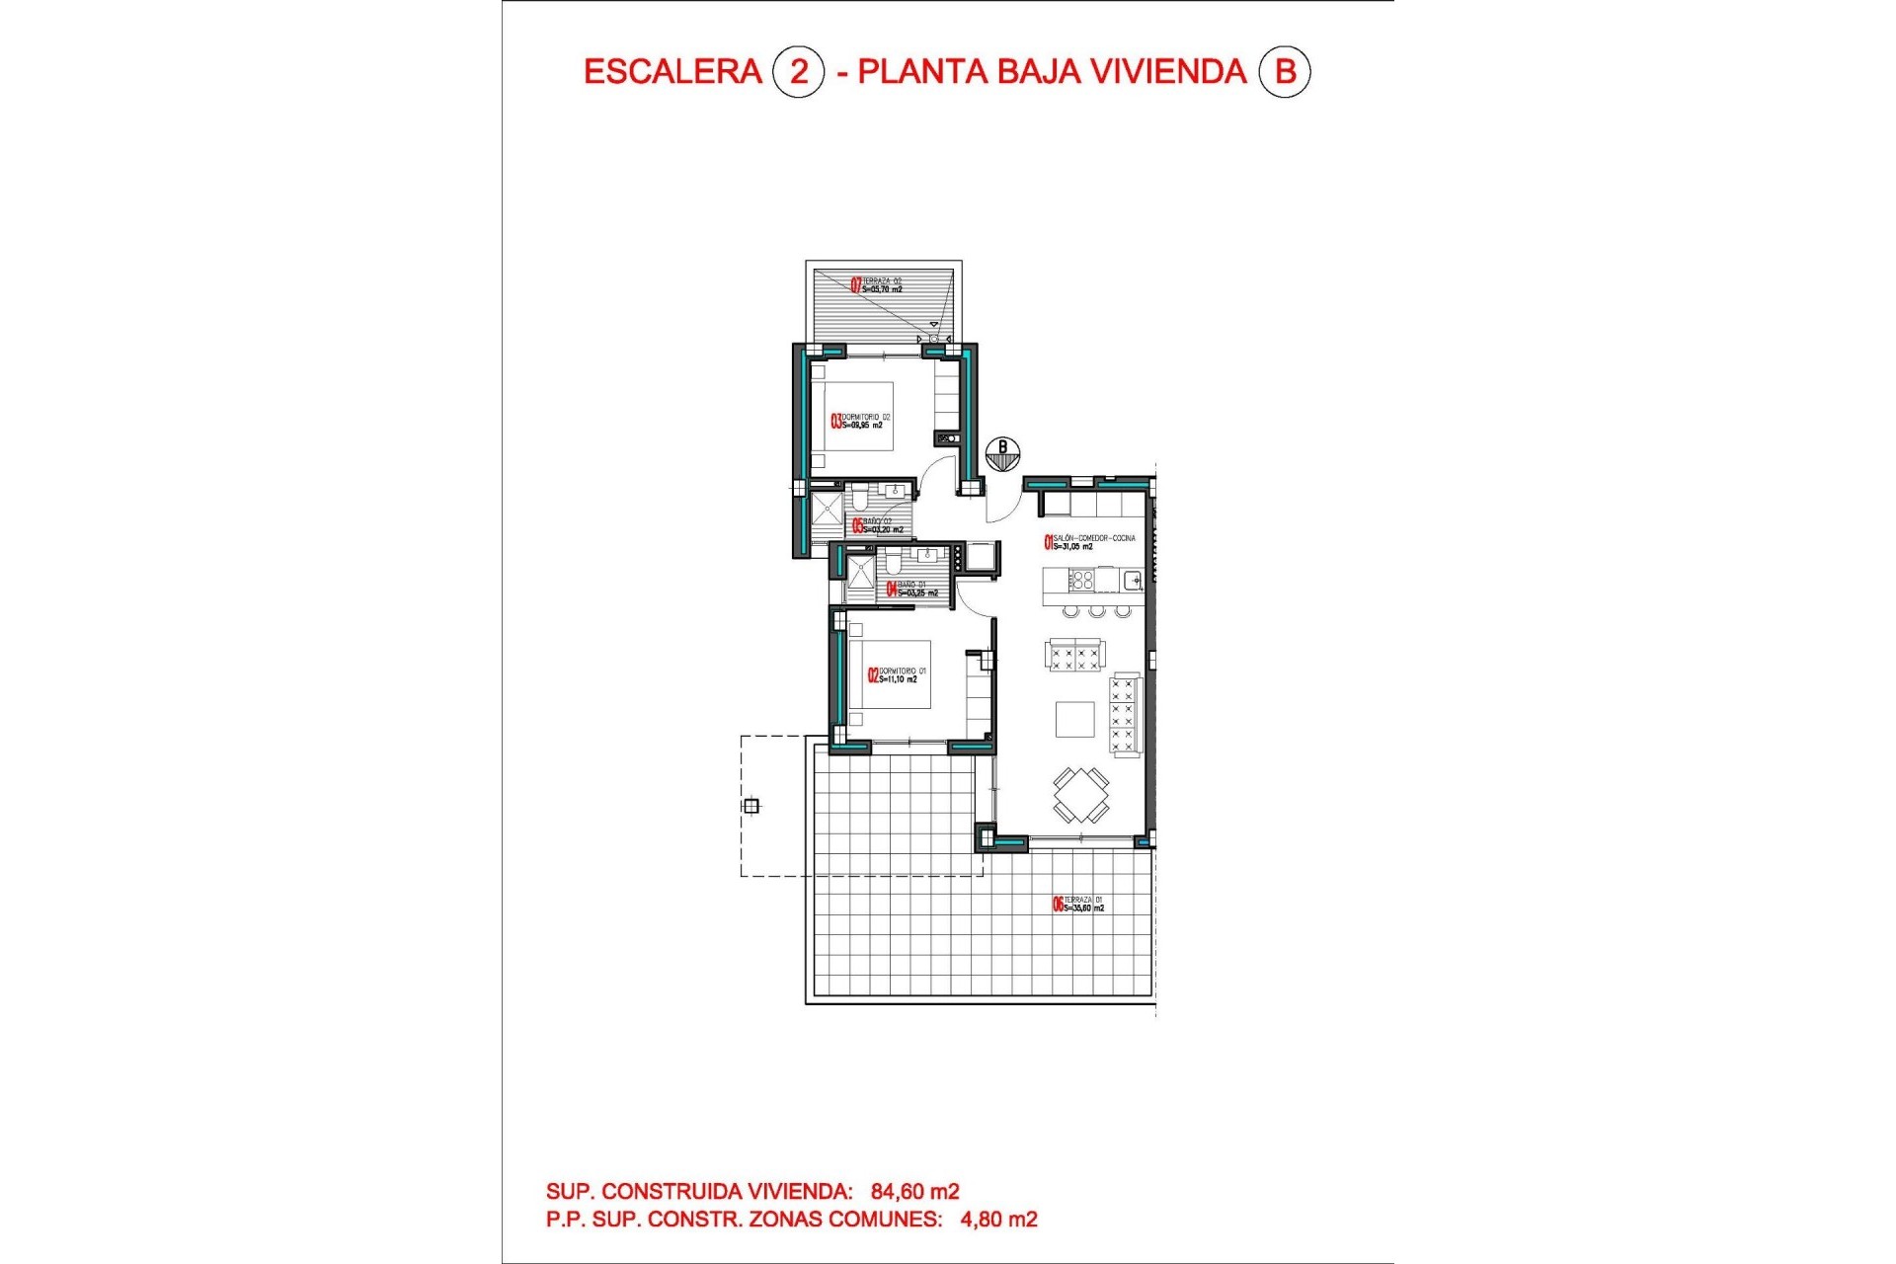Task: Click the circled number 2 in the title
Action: [x=798, y=72]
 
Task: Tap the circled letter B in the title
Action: [x=1284, y=72]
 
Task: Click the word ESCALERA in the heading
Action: [x=672, y=72]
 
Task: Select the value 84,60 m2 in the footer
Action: [x=914, y=1192]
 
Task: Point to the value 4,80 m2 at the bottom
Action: [x=998, y=1220]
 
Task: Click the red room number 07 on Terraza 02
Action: [x=856, y=285]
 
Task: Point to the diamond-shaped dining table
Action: [x=1080, y=794]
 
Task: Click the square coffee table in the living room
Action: [x=1074, y=719]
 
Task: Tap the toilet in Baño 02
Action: [x=859, y=498]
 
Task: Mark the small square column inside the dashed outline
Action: [x=751, y=806]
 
